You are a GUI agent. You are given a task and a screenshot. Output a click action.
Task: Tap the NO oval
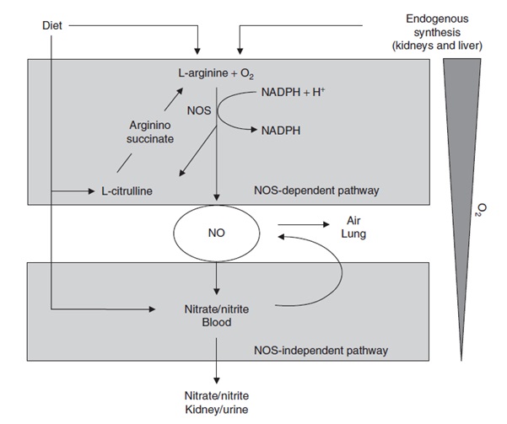click(217, 233)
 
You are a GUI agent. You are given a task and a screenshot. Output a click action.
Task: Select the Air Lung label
click(354, 226)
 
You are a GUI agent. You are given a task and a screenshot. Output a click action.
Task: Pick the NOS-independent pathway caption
click(322, 348)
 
